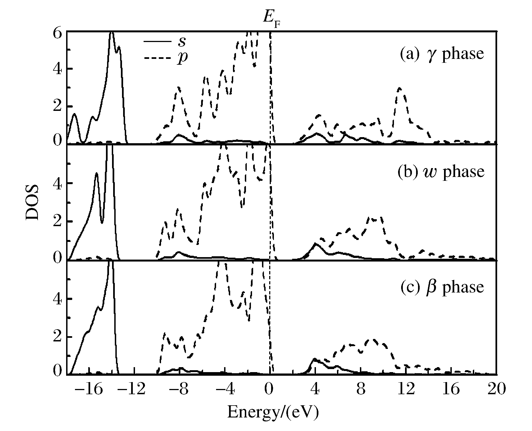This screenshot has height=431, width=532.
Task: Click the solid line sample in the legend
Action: click(x=157, y=41)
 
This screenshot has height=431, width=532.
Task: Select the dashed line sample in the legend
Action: click(x=157, y=58)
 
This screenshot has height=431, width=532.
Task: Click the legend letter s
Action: click(x=182, y=41)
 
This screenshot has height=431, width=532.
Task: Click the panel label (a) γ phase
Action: click(x=442, y=54)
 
